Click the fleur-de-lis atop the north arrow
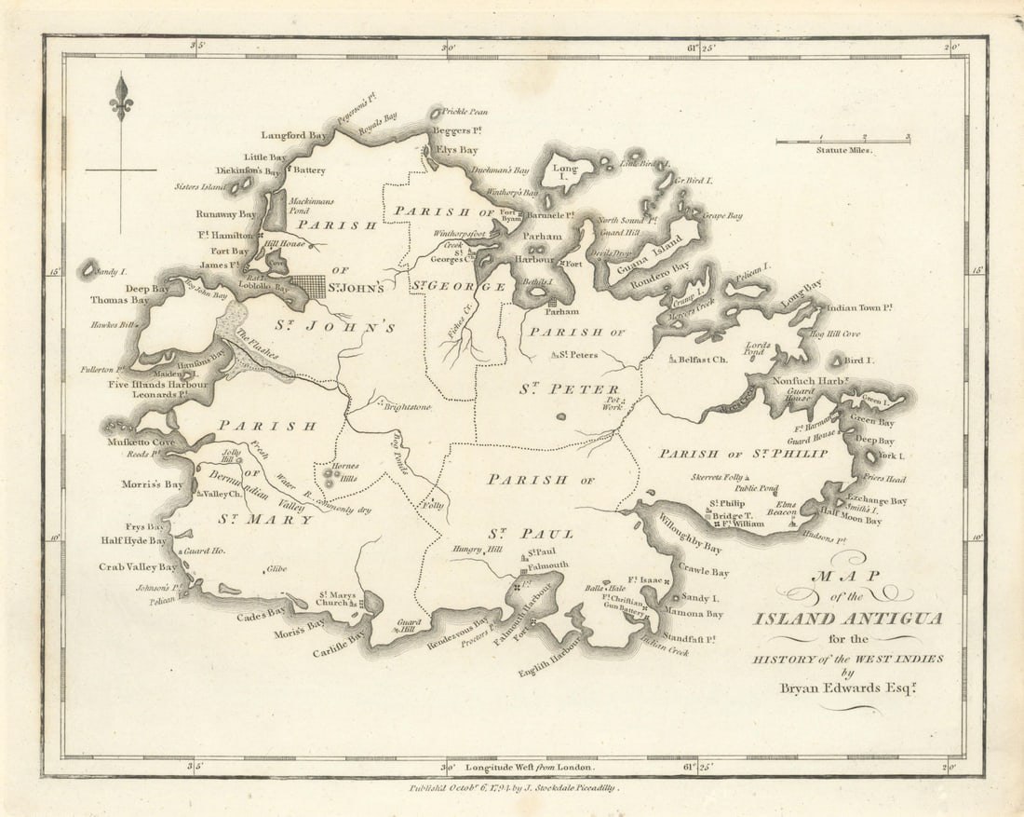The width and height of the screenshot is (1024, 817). pyautogui.click(x=120, y=97)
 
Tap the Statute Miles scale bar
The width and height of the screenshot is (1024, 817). pyautogui.click(x=842, y=142)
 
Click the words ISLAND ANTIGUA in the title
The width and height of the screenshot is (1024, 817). pyautogui.click(x=848, y=619)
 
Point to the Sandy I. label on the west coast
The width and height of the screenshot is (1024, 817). pyautogui.click(x=109, y=272)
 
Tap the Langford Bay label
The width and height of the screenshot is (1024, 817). pyautogui.click(x=293, y=135)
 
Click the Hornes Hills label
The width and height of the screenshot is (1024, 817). pyautogui.click(x=344, y=471)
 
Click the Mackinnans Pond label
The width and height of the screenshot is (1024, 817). pyautogui.click(x=310, y=206)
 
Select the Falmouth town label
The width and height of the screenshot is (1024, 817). pyautogui.click(x=547, y=565)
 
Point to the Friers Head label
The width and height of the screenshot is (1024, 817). pyautogui.click(x=883, y=479)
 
